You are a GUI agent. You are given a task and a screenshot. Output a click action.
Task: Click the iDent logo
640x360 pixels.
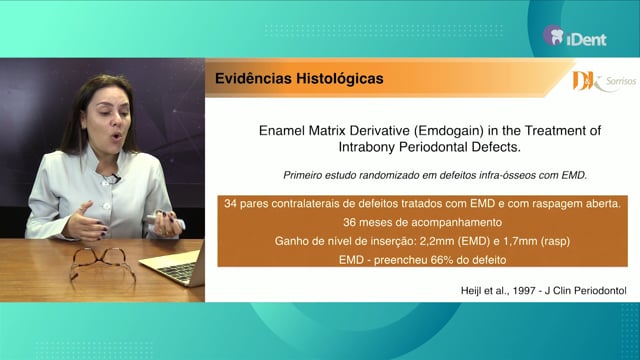tap(575, 36)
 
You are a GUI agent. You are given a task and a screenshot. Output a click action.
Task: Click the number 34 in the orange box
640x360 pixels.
tap(230, 203)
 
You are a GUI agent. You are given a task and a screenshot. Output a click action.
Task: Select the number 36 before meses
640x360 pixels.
tap(349, 222)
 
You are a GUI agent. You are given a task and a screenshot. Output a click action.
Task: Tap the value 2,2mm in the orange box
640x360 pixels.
tap(435, 241)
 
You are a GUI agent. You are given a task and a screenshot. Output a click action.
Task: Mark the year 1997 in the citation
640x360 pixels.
tap(524, 291)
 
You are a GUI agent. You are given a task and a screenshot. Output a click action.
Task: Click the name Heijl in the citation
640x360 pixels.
tap(471, 291)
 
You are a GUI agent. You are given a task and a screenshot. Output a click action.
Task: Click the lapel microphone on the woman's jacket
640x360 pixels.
tap(116, 178)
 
